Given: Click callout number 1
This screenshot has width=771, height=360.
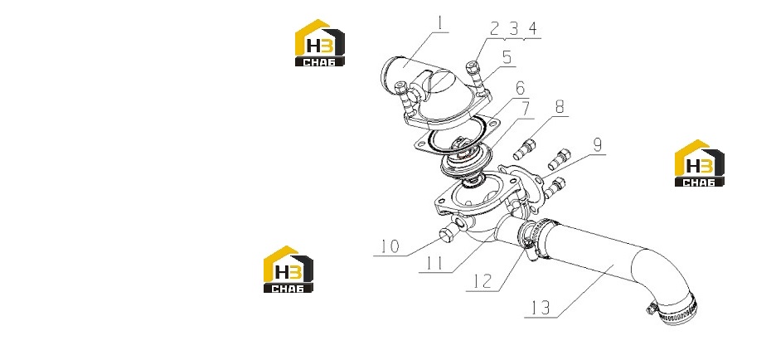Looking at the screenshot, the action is tap(441, 23).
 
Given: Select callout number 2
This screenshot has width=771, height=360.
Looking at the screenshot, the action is tap(495, 29).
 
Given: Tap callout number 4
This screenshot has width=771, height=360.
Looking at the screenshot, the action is tap(532, 29).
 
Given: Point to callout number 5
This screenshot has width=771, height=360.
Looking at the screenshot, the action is tap(507, 58).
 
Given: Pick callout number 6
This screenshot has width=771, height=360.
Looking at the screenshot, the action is tap(520, 89).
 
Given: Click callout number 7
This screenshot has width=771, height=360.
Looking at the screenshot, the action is tap(526, 109).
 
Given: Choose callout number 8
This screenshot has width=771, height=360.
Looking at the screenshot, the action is tap(559, 107).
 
